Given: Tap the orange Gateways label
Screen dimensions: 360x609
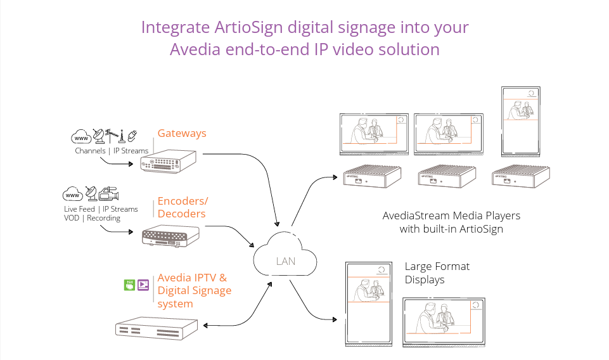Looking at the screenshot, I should click(181, 134).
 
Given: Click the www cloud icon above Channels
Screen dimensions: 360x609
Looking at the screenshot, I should click(82, 137).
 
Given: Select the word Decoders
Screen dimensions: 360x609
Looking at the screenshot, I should click(181, 214).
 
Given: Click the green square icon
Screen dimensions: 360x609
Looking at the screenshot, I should click(129, 285).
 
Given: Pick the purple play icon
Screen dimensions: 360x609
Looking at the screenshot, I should click(143, 285).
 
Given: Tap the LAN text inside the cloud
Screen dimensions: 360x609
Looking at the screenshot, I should click(285, 261).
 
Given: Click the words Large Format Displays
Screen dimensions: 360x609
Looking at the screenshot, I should click(437, 273).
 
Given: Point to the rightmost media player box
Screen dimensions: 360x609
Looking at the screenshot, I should click(522, 177).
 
